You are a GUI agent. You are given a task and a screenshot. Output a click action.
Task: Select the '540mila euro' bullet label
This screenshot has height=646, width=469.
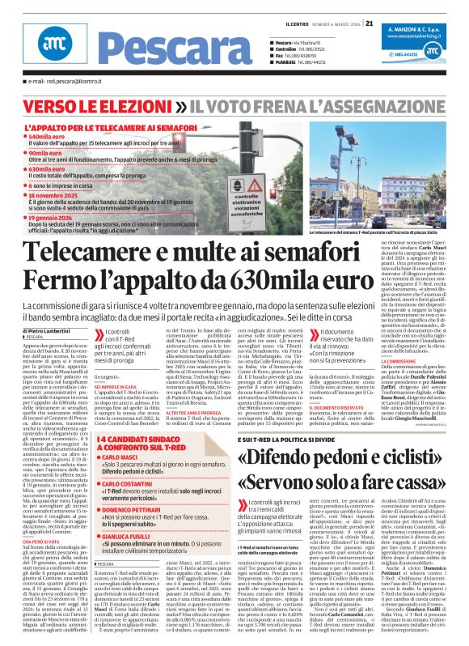tap(53, 138)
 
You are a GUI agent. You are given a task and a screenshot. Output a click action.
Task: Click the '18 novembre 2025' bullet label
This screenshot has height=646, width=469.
tap(61, 196)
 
